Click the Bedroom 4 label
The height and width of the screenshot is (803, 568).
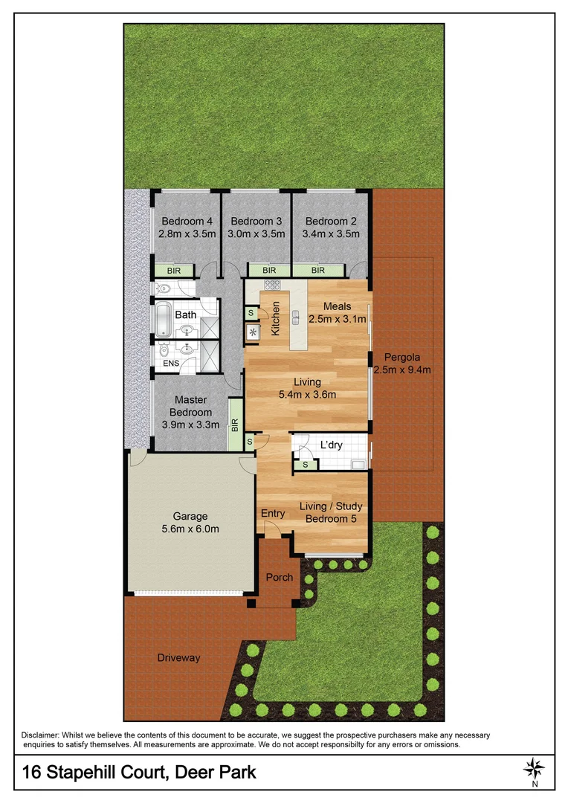[187, 221]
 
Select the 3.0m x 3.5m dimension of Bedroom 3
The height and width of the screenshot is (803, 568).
[256, 233]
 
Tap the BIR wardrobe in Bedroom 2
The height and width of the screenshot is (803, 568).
[318, 271]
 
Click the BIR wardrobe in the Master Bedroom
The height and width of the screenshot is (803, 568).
[236, 425]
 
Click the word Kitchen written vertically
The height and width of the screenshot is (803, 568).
[275, 318]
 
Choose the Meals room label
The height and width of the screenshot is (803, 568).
[337, 306]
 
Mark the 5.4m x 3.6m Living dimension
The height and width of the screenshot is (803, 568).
[307, 395]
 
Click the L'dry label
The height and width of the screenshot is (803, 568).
[331, 445]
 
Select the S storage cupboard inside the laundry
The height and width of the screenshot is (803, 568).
[305, 465]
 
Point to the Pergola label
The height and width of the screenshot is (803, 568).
[402, 357]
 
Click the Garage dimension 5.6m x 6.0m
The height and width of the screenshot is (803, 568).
[190, 529]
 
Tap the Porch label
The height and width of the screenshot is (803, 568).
[279, 577]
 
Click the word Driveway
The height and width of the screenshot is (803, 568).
[178, 657]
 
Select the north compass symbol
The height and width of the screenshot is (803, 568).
[534, 768]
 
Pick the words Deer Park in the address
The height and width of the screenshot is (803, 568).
[216, 772]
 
